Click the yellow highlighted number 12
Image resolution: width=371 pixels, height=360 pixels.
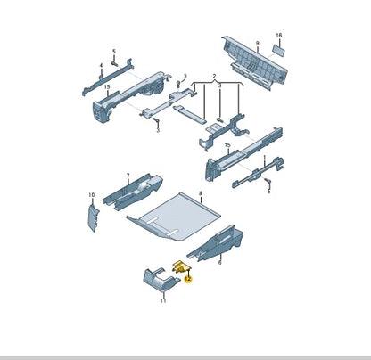[x=188, y=279]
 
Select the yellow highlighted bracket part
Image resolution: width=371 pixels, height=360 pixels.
[x=181, y=266]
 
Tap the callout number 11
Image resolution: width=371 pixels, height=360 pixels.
[x=163, y=300]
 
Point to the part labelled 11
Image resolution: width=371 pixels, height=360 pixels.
[x=161, y=280]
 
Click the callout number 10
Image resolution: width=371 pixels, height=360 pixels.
[x=92, y=195]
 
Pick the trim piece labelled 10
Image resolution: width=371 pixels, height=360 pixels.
[x=93, y=217]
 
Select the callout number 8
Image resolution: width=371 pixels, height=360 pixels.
[x=201, y=193]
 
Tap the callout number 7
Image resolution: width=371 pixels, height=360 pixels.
[x=128, y=176]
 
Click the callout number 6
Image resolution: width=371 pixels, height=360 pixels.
[x=220, y=262]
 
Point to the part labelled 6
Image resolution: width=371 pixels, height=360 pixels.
[x=216, y=243]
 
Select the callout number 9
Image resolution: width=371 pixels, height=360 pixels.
[x=258, y=44]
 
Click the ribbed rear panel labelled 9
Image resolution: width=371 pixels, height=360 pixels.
[x=254, y=63]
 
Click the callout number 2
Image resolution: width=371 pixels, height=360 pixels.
[x=214, y=77]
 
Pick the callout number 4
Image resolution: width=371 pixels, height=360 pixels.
[x=101, y=65]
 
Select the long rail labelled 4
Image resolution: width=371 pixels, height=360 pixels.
[x=108, y=77]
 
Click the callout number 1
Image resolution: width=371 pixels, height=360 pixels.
[x=265, y=157]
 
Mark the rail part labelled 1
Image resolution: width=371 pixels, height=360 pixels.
[x=258, y=173]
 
